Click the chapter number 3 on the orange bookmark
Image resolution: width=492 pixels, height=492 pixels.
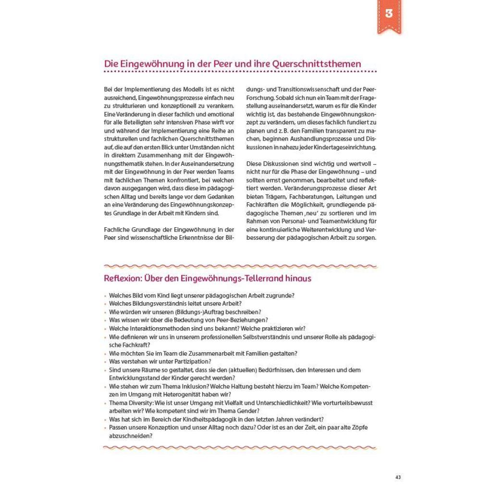(389, 13)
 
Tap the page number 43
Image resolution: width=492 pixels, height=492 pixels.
(398, 477)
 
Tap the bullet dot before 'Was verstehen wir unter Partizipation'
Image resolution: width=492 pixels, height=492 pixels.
(105, 362)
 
